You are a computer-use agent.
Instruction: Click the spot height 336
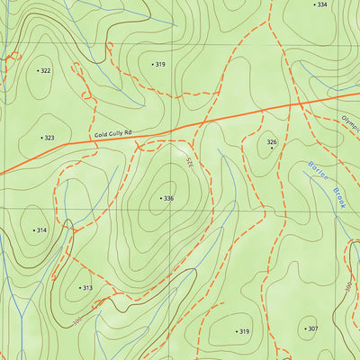(167, 198)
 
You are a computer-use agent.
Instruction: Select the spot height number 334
(321, 4)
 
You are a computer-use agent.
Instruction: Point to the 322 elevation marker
(45, 69)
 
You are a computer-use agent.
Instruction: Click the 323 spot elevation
(49, 138)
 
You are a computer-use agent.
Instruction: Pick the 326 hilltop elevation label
(272, 141)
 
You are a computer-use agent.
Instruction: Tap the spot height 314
(40, 230)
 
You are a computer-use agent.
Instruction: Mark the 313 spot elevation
(86, 288)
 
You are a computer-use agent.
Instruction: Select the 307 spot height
(312, 328)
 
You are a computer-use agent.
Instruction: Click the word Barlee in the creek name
(314, 172)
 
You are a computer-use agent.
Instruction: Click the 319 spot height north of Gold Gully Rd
(159, 65)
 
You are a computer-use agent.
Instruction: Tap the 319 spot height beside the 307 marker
(243, 331)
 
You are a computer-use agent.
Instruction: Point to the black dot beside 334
(314, 4)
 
